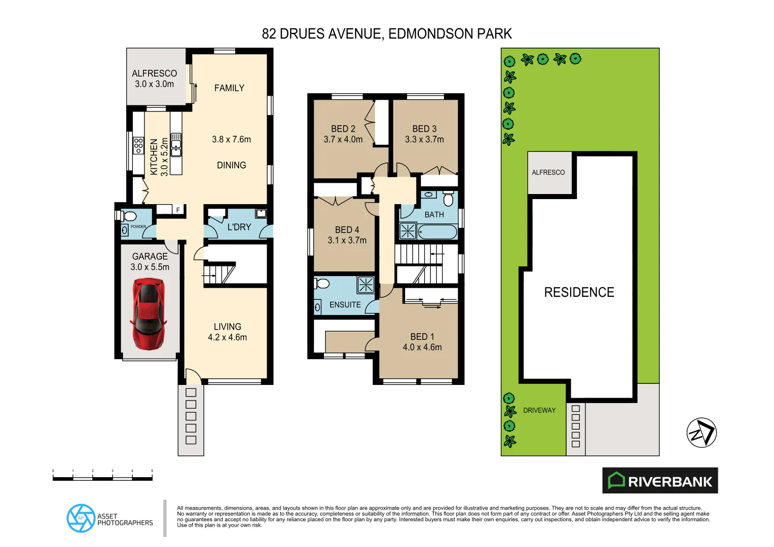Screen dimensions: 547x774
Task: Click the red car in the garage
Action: (x=148, y=314)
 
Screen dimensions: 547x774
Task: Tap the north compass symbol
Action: (x=702, y=433)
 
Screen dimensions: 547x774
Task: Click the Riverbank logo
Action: (x=660, y=481)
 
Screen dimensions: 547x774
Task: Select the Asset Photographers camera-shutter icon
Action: (x=81, y=518)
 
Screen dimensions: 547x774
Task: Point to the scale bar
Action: (x=102, y=478)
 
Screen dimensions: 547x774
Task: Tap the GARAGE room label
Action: (x=150, y=256)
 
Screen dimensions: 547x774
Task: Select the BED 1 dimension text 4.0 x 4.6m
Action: (x=422, y=347)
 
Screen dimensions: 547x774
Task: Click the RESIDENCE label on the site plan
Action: (x=579, y=292)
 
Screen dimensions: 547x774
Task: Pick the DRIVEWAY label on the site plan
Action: (x=539, y=410)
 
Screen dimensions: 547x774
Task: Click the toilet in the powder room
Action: (x=128, y=216)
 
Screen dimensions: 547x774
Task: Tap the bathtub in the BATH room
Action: (x=437, y=232)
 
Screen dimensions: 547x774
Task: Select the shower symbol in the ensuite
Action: (x=366, y=285)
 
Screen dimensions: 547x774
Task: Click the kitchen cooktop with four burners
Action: (x=138, y=145)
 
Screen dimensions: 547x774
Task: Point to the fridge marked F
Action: (x=178, y=210)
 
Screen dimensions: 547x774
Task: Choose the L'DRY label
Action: (x=239, y=227)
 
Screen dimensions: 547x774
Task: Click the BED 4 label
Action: (x=347, y=230)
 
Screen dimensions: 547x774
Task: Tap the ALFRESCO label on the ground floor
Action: (x=155, y=73)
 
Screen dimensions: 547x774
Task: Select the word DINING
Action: (x=231, y=165)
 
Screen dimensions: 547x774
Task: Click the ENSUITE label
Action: (x=345, y=305)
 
